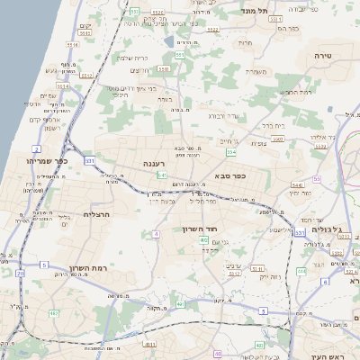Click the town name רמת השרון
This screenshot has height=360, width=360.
pyautogui.click(x=87, y=268)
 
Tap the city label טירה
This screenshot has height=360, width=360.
pyautogui.click(x=325, y=56)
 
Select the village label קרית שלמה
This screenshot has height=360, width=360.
pyautogui.click(x=134, y=57)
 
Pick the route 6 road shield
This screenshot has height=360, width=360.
pyautogui.click(x=324, y=282)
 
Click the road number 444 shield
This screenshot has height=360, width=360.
pyautogui.click(x=301, y=270)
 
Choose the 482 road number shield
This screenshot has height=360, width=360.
pyautogui.click(x=53, y=313)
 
